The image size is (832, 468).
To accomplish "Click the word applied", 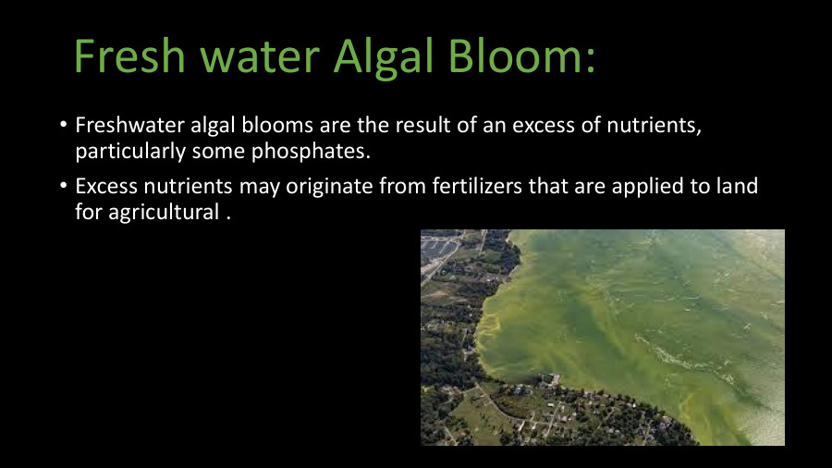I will (x=654, y=186).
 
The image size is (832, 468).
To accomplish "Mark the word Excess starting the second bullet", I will (x=105, y=186).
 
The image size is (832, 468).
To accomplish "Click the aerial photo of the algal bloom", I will (x=602, y=338).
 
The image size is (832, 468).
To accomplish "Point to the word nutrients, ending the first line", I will (x=657, y=125).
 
